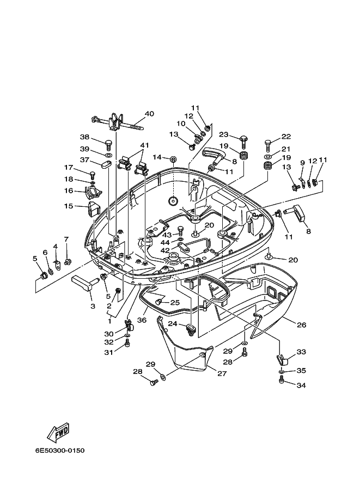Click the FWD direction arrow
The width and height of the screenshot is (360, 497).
click(x=58, y=433)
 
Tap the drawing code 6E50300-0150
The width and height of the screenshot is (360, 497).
click(x=60, y=450)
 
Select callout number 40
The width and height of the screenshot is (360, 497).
click(x=149, y=113)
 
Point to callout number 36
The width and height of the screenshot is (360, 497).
click(x=142, y=320)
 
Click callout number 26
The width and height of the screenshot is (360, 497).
click(x=302, y=325)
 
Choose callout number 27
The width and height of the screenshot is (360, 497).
click(x=222, y=373)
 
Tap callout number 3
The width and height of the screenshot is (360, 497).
click(x=93, y=306)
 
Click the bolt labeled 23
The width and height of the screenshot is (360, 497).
click(x=243, y=141)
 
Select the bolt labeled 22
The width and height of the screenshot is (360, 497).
click(x=267, y=145)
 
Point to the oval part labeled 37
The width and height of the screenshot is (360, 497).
click(x=106, y=164)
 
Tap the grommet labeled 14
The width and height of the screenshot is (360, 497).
click(x=174, y=159)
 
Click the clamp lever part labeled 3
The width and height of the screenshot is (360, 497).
click(x=84, y=281)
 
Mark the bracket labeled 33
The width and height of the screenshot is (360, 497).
click(x=280, y=360)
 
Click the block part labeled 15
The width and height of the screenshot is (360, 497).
click(x=93, y=209)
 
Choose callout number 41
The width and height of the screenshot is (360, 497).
click(x=145, y=145)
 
